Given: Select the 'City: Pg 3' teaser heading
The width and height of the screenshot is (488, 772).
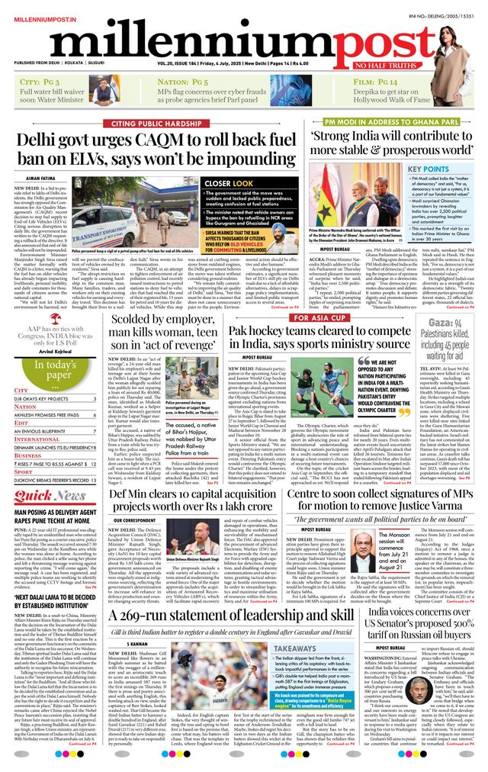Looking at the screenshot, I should click(41, 82).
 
